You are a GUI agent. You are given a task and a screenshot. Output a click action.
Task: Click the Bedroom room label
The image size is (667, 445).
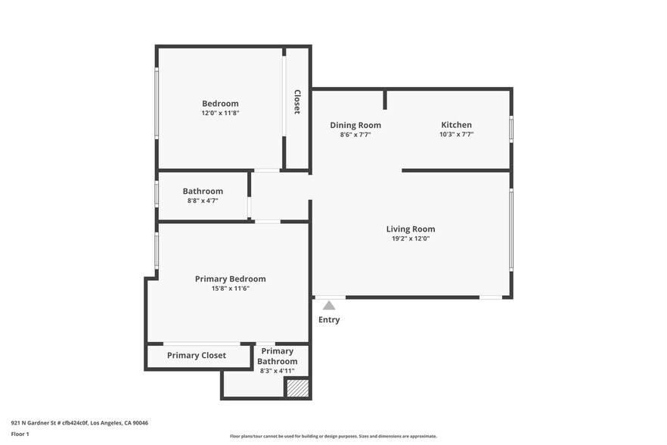pyautogui.click(x=220, y=104)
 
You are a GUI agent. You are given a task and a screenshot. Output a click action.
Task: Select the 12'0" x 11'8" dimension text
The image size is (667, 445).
pyautogui.click(x=220, y=114)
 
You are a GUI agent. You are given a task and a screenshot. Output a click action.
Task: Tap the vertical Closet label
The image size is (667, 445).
pyautogui.click(x=297, y=101)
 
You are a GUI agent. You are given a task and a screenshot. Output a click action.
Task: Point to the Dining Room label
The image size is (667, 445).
pyautogui.click(x=355, y=125)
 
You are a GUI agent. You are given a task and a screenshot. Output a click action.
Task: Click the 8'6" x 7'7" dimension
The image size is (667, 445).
pyautogui.click(x=355, y=135)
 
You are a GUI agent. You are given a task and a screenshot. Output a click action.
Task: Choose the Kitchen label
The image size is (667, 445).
pyautogui.click(x=456, y=125)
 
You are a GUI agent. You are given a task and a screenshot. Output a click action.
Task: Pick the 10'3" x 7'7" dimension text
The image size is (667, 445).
pyautogui.click(x=456, y=135)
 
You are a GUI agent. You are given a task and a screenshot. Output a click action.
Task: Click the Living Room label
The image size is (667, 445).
pyautogui.click(x=411, y=229)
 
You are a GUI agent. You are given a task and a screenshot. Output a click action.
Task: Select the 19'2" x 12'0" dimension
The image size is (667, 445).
pyautogui.click(x=411, y=239)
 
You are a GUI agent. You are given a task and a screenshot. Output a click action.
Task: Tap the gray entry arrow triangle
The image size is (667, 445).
pyautogui.click(x=329, y=306)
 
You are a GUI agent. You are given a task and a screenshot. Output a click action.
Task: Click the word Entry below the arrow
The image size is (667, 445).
pyautogui.click(x=329, y=320)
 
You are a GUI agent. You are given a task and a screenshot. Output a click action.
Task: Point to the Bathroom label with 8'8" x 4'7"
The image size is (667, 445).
pyautogui.click(x=203, y=191)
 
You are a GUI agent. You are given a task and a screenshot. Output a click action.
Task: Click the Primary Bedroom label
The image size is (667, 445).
pyautogui.click(x=231, y=279)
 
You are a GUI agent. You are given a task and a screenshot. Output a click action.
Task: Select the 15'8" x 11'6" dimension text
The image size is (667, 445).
pyautogui.click(x=231, y=288)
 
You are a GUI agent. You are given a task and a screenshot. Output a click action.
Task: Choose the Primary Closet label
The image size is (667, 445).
pyautogui.click(x=197, y=356)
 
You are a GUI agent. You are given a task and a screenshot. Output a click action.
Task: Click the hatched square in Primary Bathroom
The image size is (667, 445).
pyautogui.click(x=297, y=387)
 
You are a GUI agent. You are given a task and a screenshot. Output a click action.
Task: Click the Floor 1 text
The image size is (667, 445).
pyautogui.click(x=20, y=434)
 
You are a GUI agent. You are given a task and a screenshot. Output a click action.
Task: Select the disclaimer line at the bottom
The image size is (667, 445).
pyautogui.click(x=333, y=436)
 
